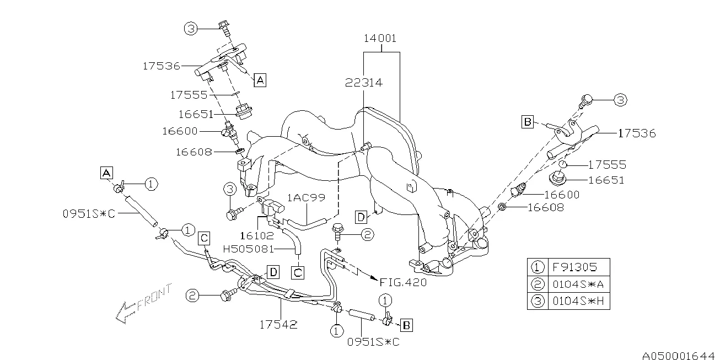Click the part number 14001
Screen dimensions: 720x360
pyautogui.click(x=380, y=39)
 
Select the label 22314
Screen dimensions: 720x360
pyautogui.click(x=363, y=83)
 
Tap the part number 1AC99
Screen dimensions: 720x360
pyautogui.click(x=306, y=197)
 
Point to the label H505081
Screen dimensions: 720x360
pyautogui.click(x=248, y=249)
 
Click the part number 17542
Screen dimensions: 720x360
pyautogui.click(x=278, y=325)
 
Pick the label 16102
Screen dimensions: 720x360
pyautogui.click(x=257, y=236)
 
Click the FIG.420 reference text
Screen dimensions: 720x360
pyautogui.click(x=403, y=282)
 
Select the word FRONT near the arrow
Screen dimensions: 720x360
pyautogui.click(x=154, y=297)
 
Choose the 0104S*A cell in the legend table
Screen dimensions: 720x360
pyautogui.click(x=578, y=284)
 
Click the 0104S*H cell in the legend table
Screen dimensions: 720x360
pyautogui.click(x=578, y=301)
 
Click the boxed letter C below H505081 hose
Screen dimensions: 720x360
pyautogui.click(x=298, y=272)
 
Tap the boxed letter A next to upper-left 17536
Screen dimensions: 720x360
pyautogui.click(x=260, y=80)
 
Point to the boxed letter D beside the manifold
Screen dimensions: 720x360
pyautogui.click(x=361, y=217)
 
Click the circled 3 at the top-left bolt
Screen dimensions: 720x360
pyautogui.click(x=191, y=29)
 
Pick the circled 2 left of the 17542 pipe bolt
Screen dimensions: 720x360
pyautogui.click(x=192, y=295)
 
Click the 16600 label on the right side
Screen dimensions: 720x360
pyautogui.click(x=562, y=195)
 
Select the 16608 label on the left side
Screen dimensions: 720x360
pyautogui.click(x=194, y=152)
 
